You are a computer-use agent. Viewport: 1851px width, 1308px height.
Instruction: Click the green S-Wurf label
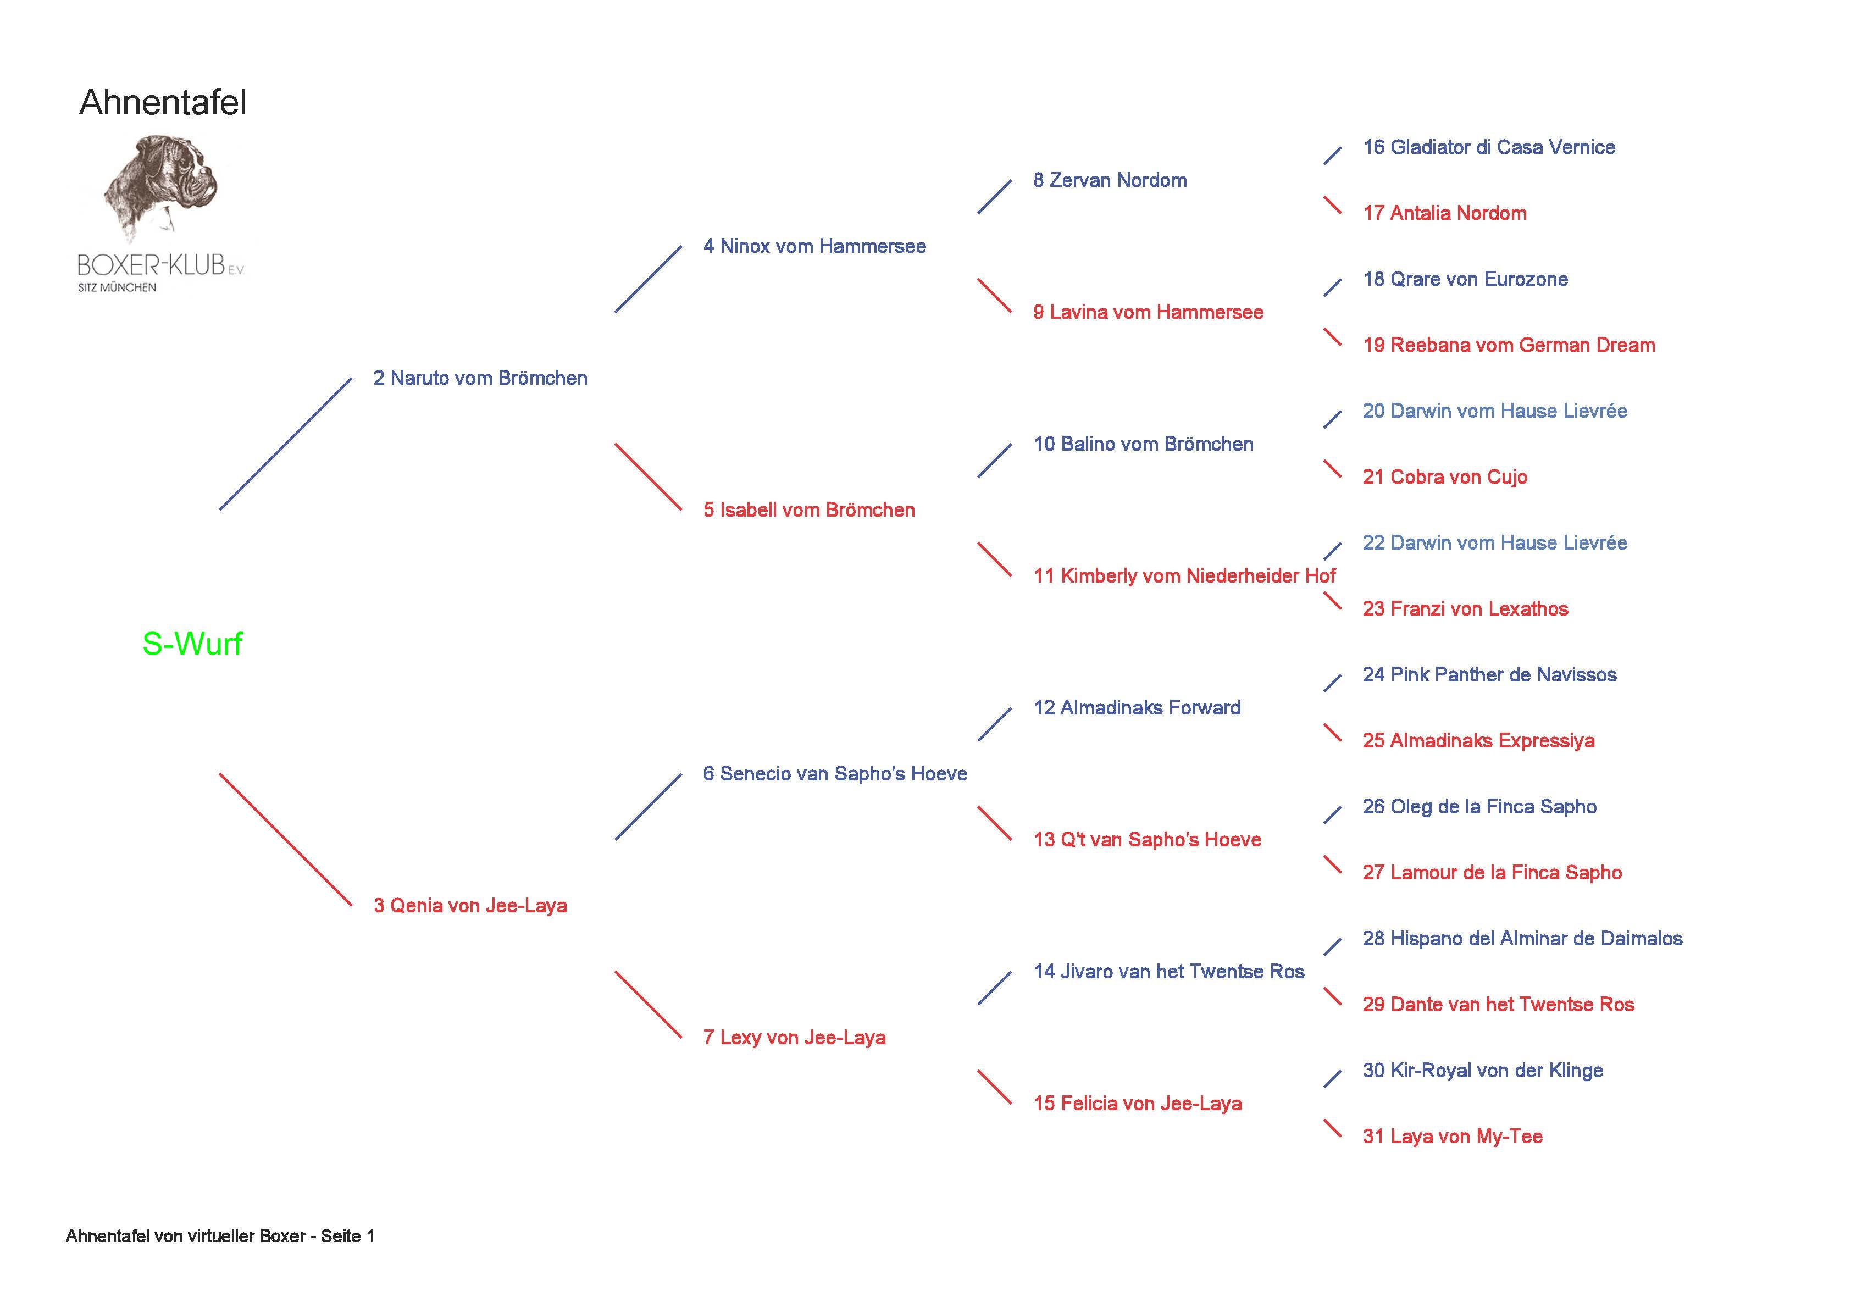(192, 644)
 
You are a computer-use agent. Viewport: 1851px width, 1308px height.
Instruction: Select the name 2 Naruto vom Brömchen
(480, 378)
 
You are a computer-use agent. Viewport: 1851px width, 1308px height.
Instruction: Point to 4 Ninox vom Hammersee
(814, 246)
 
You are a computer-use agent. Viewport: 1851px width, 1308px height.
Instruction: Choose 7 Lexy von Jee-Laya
(794, 1038)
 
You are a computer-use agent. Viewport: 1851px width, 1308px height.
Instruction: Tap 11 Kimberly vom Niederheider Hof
(1184, 576)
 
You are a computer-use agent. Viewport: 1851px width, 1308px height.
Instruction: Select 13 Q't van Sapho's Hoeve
(1147, 839)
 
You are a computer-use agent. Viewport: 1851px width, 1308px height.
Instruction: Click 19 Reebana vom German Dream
(1509, 345)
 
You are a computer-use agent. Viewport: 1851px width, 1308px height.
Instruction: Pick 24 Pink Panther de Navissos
(1489, 675)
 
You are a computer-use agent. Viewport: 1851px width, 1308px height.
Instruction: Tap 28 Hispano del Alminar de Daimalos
(1522, 939)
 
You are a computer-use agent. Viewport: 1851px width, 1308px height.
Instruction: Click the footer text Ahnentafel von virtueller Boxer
(220, 1236)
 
